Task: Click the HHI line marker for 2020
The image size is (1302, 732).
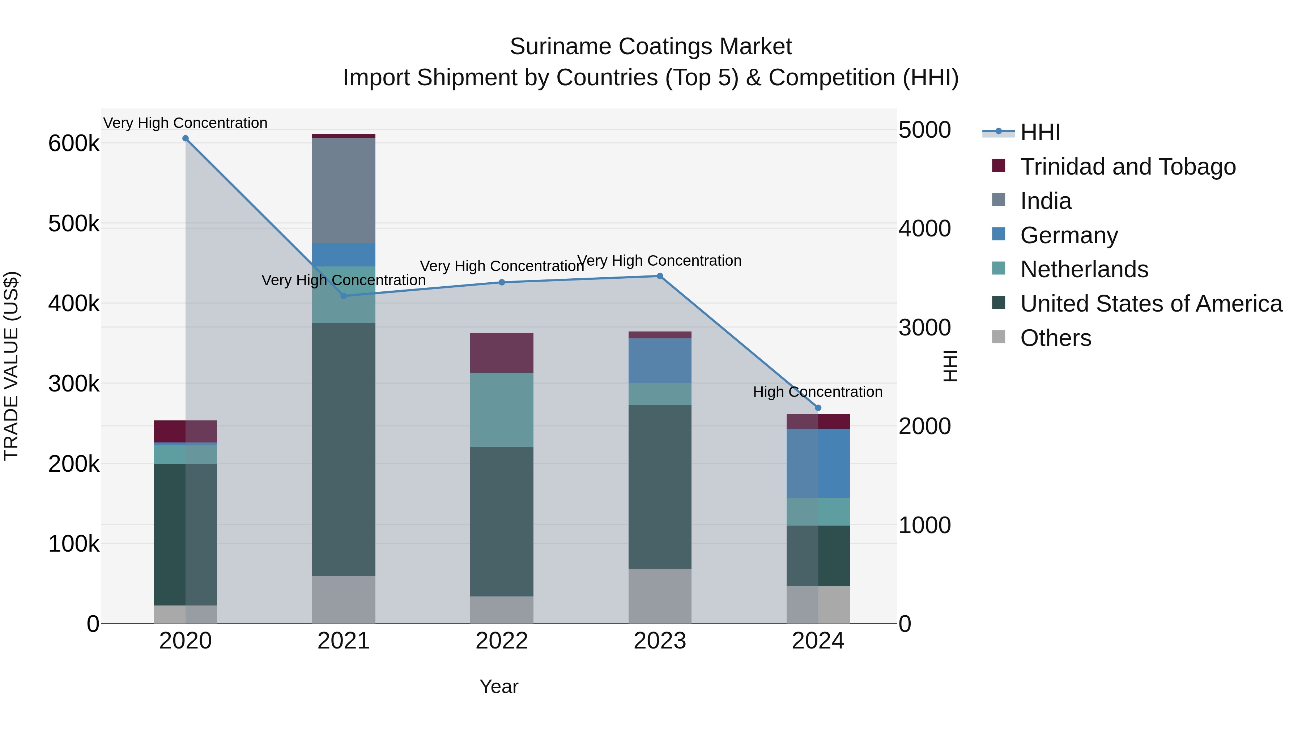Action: coord(186,138)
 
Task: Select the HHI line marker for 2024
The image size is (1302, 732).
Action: coord(818,408)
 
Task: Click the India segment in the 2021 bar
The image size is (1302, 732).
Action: coord(344,191)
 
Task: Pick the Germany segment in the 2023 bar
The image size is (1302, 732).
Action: coord(660,361)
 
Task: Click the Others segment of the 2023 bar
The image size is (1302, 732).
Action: coord(660,596)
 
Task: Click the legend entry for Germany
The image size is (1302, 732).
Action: coord(1068,235)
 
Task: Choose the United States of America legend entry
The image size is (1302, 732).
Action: coord(1151,304)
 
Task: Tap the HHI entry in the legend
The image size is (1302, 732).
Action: coord(1040,132)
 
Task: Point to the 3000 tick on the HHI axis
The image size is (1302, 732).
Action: coord(924,328)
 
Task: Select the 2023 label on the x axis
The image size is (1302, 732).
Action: coord(660,641)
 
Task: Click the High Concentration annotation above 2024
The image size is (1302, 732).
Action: coord(817,392)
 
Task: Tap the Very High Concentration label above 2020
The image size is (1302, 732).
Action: coord(186,123)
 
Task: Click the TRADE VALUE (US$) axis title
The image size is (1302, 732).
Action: coord(11,366)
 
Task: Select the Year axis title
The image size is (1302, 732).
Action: coord(499,686)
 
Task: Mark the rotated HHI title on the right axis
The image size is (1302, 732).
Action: coord(950,366)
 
